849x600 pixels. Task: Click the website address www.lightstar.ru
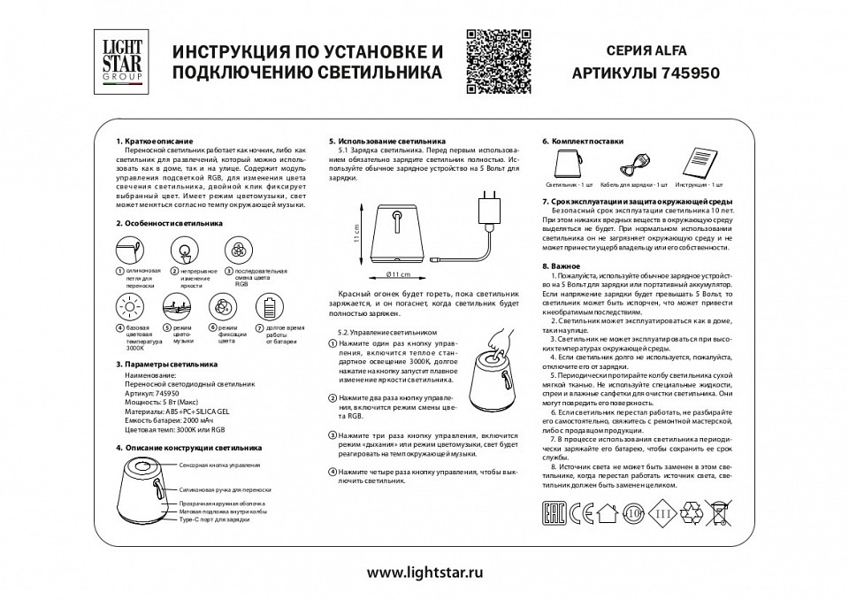pyautogui.click(x=424, y=573)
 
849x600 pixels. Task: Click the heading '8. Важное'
pyautogui.click(x=561, y=266)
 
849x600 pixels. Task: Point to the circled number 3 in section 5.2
pyautogui.click(x=332, y=436)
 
